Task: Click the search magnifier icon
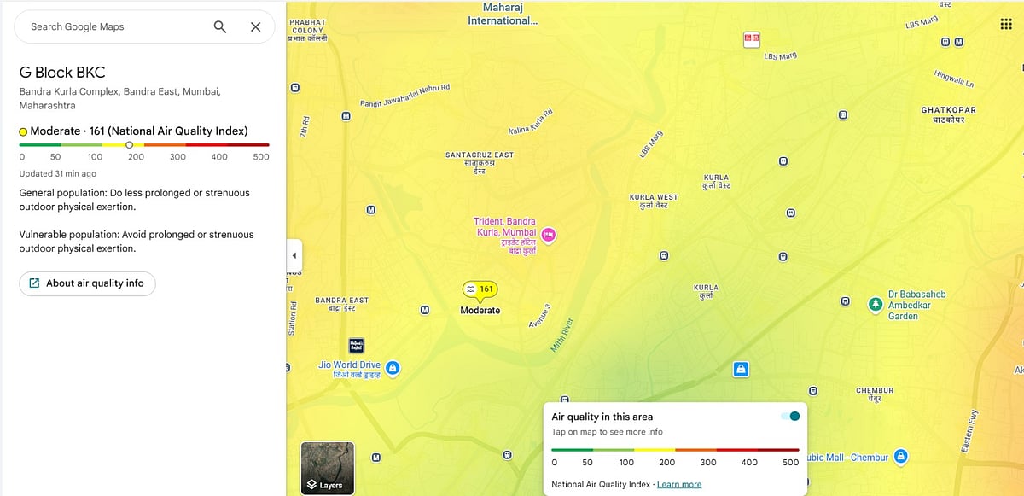pyautogui.click(x=220, y=26)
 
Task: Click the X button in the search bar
pyautogui.click(x=255, y=26)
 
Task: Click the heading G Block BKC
pyautogui.click(x=62, y=73)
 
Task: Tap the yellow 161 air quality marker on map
pyautogui.click(x=480, y=289)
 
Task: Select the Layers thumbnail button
pyautogui.click(x=327, y=468)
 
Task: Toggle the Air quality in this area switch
pyautogui.click(x=790, y=417)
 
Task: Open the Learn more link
pyautogui.click(x=679, y=485)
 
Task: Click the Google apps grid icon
pyautogui.click(x=1005, y=24)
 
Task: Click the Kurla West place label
pyautogui.click(x=654, y=197)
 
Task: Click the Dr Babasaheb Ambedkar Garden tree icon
pyautogui.click(x=875, y=305)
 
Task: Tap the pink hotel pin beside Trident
pyautogui.click(x=550, y=234)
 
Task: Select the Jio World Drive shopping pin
pyautogui.click(x=393, y=368)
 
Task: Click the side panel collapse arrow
pyautogui.click(x=294, y=255)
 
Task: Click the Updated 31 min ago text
pyautogui.click(x=57, y=173)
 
